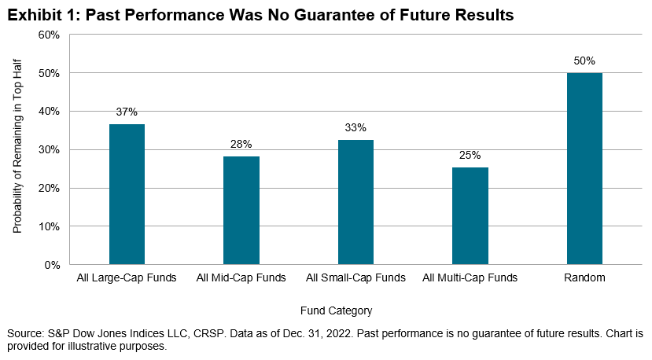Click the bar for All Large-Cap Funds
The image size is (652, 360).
pyautogui.click(x=127, y=194)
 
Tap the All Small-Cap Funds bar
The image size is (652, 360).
pyautogui.click(x=355, y=202)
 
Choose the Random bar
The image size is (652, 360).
pyautogui.click(x=584, y=168)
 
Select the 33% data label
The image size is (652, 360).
pyautogui.click(x=355, y=127)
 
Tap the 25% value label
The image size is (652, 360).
pyautogui.click(x=470, y=155)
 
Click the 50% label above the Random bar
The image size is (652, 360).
pyautogui.click(x=584, y=60)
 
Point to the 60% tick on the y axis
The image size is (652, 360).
pyautogui.click(x=49, y=35)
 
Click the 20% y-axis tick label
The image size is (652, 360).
pyautogui.click(x=49, y=188)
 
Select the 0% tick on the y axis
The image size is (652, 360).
pyautogui.click(x=52, y=265)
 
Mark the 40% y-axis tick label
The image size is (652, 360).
pyautogui.click(x=49, y=112)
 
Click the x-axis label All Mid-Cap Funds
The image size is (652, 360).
pyautogui.click(x=241, y=277)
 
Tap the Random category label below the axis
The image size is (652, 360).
pyautogui.click(x=584, y=277)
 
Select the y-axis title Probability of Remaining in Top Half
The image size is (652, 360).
pyautogui.click(x=17, y=149)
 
